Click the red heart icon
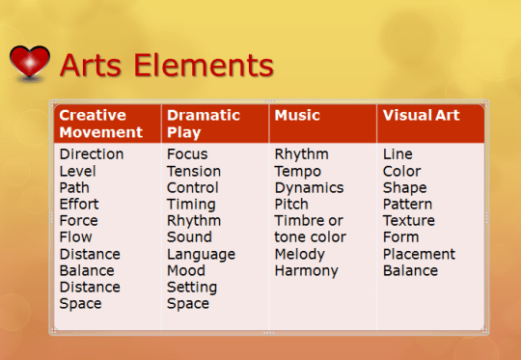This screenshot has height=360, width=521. pos(30,63)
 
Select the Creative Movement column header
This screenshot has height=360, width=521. pos(100,124)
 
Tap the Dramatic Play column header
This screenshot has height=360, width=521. pos(203,124)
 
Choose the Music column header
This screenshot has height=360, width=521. pos(297,115)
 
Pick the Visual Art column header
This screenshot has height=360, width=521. pos(421,115)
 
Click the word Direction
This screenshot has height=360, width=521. pos(91,154)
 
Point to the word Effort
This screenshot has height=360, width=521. pos(78,204)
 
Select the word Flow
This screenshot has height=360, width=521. pos(75,237)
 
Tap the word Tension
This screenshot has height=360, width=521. pos(193,171)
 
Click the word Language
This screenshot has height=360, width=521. pos(200,254)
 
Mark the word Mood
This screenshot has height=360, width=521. pos(185,270)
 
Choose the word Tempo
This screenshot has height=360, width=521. pos(297,171)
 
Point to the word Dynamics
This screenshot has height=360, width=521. pos(309,187)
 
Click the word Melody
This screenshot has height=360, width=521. pos(299,254)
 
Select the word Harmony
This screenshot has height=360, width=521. pos(306,270)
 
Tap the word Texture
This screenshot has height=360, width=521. pos(408,220)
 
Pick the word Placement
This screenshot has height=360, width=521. pos(419,254)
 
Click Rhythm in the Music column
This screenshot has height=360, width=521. pos(301,154)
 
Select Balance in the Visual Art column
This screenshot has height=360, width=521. pos(410,270)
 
